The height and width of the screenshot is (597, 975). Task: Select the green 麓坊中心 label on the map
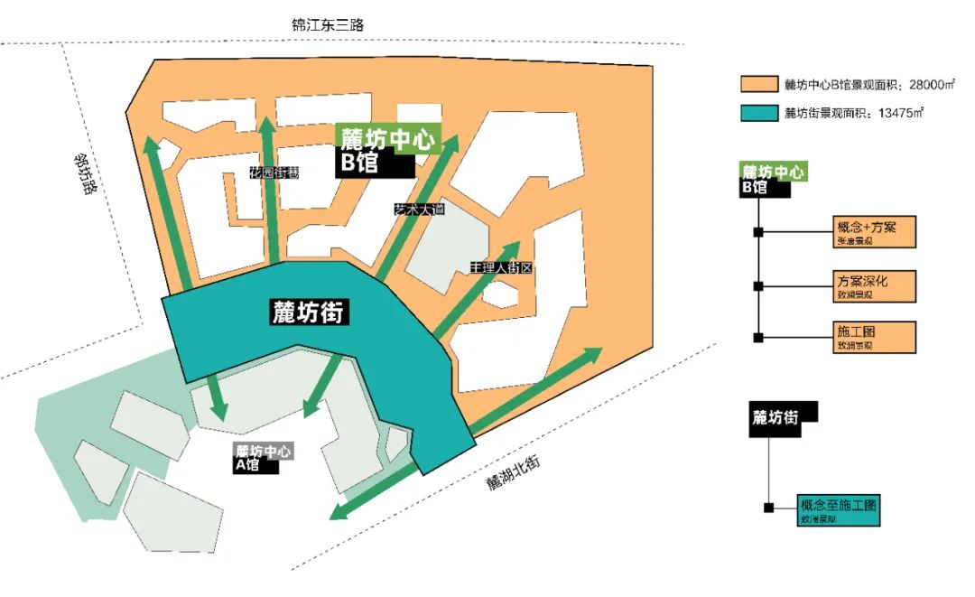tap(388, 139)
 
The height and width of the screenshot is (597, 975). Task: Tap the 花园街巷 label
tap(274, 173)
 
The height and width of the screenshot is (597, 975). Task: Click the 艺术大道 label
tap(420, 209)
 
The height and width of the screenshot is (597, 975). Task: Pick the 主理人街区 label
tap(497, 268)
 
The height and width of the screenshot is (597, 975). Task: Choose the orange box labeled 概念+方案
tap(873, 232)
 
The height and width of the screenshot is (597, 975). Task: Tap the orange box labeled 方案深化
tap(873, 285)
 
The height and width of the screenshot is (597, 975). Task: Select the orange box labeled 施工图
tap(873, 337)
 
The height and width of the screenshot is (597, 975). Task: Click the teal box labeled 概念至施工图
tap(838, 510)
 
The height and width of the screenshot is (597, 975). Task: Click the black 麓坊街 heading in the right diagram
tap(781, 419)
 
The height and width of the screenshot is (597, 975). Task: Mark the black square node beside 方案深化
tap(758, 286)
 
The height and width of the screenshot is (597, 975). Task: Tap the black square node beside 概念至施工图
tap(768, 508)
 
